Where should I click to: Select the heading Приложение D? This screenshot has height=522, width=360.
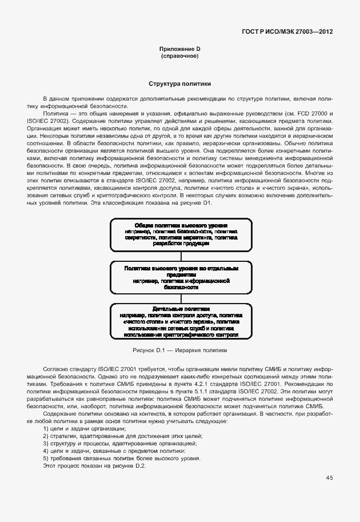click(179, 50)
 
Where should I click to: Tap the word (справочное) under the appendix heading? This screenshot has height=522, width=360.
click(179, 57)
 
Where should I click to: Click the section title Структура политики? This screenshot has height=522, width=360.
click(179, 83)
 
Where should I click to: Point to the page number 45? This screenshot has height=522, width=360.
click(329, 477)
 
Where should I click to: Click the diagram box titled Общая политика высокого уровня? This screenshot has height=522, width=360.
click(181, 234)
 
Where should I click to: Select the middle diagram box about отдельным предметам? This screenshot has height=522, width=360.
click(181, 277)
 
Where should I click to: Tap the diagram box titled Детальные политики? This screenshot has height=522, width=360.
click(181, 322)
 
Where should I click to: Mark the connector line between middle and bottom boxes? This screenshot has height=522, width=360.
click(181, 298)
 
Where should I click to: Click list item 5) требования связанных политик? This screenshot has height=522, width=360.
click(121, 458)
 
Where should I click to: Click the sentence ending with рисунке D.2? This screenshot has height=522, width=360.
click(94, 465)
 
